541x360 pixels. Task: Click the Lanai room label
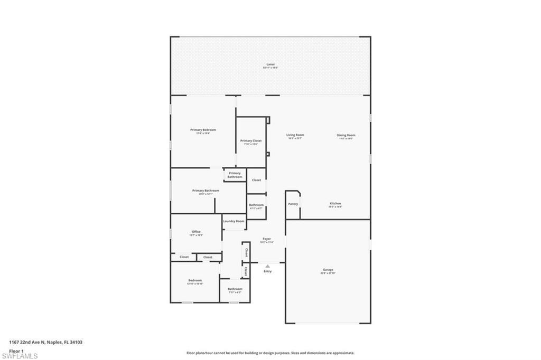(270, 64)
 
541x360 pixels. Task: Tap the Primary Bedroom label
(203, 130)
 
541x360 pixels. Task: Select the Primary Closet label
(250, 141)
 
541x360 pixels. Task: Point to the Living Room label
(295, 135)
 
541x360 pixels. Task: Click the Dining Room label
(346, 135)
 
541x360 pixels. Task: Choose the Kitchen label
(335, 203)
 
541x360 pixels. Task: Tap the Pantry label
(293, 204)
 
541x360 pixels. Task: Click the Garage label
(328, 270)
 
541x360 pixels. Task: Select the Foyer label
(267, 239)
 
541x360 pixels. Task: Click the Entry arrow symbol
(267, 266)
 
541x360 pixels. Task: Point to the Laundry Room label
(234, 221)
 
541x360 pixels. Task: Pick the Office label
(196, 232)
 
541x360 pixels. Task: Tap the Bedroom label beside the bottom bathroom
(195, 280)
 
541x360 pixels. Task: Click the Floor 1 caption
(16, 350)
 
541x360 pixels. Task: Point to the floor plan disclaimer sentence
(270, 353)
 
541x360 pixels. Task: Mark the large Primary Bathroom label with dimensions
(206, 191)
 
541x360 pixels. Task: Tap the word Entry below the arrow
(268, 271)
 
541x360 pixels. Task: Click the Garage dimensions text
(328, 273)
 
